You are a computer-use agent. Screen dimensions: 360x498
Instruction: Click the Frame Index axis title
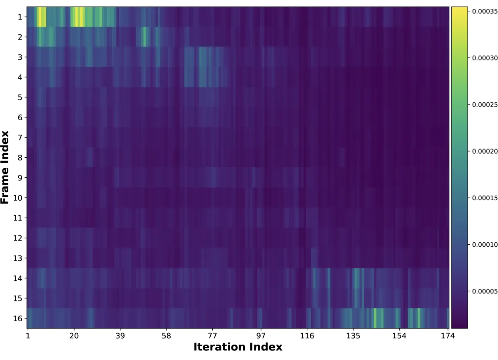coord(5,167)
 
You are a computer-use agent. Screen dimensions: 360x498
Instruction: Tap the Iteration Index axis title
coord(238,347)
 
